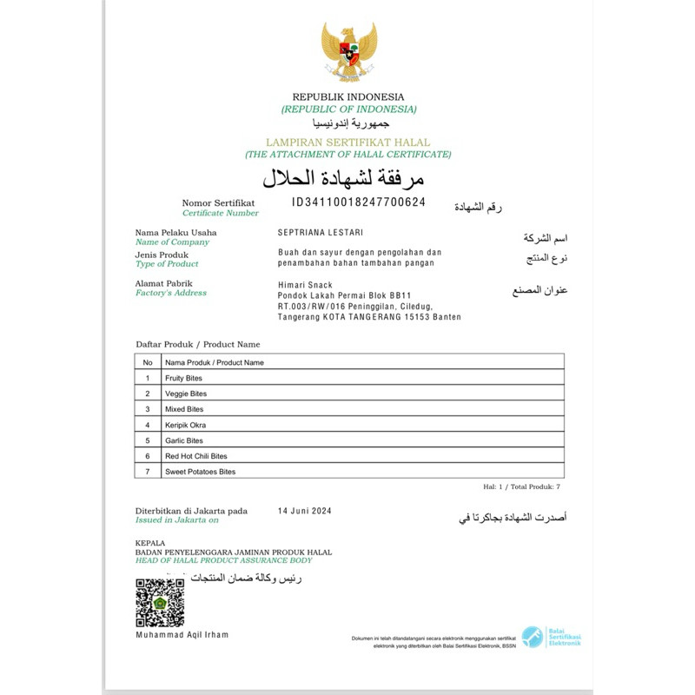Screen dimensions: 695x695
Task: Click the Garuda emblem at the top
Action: click(348, 51)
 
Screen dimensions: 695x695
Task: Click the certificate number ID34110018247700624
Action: click(358, 202)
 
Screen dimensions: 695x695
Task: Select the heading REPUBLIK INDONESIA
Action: click(348, 96)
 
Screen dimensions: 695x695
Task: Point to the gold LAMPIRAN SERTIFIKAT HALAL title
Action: click(347, 141)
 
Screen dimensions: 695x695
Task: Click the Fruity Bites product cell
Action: click(183, 378)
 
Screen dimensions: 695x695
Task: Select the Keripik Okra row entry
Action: click(185, 425)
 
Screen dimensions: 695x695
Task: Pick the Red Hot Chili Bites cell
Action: click(195, 456)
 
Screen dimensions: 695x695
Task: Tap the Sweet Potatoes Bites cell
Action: click(200, 472)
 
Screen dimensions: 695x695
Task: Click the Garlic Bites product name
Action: click(183, 440)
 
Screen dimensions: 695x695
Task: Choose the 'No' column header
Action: click(148, 362)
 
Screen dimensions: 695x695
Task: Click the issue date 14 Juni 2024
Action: click(304, 511)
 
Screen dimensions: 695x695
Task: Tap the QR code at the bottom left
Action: click(160, 602)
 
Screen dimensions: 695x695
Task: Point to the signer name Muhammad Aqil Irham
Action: click(182, 635)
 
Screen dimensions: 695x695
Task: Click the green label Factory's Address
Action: click(170, 293)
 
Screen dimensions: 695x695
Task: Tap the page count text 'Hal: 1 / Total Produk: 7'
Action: click(522, 486)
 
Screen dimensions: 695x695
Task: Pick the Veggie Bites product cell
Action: click(185, 394)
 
